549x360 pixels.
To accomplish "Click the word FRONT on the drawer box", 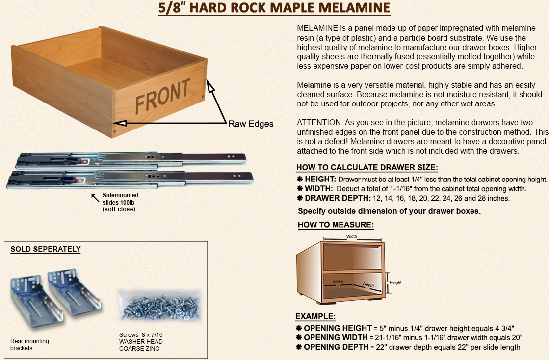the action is click(x=162, y=95).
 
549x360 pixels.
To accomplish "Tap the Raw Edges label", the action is click(x=251, y=124).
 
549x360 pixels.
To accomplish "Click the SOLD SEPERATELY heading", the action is click(x=46, y=249).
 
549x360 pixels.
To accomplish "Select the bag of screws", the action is click(x=159, y=306).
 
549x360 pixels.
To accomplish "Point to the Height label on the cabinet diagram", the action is click(x=395, y=283).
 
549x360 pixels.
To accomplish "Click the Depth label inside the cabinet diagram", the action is click(x=368, y=285).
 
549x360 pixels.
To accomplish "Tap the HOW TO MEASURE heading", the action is click(x=336, y=225).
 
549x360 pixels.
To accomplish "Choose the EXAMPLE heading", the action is click(x=315, y=316).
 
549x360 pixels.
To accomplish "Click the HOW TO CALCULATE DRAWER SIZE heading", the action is click(x=367, y=167).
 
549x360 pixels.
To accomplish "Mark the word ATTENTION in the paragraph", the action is click(x=318, y=123).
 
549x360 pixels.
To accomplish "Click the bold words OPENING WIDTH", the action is click(x=336, y=337).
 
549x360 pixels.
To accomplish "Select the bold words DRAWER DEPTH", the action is click(x=338, y=198).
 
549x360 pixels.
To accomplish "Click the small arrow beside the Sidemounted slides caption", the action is click(x=95, y=198).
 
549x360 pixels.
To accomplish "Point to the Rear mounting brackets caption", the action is click(x=29, y=345).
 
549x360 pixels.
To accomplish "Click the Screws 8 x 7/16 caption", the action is click(x=141, y=335).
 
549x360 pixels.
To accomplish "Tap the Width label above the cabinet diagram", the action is click(x=352, y=236).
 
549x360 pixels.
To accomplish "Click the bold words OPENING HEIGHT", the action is click(x=338, y=328).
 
